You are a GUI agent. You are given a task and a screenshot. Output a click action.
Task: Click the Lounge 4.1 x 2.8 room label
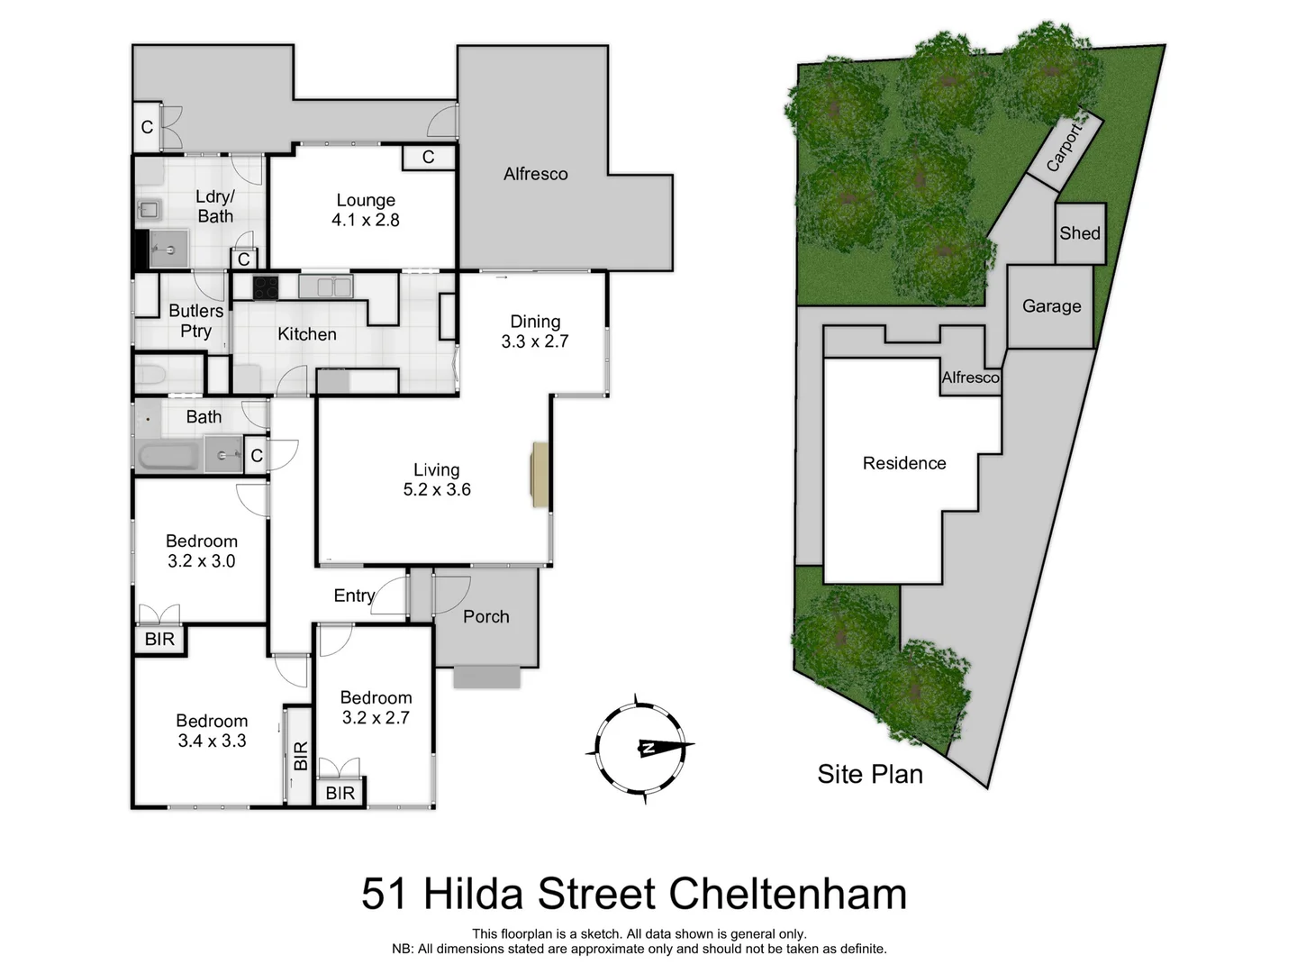coord(366,210)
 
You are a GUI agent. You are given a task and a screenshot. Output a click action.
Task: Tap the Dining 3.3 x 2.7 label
coord(535,332)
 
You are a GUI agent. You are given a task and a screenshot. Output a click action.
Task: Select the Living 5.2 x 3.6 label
coord(437,479)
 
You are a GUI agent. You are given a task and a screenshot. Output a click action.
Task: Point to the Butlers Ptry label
coord(195,321)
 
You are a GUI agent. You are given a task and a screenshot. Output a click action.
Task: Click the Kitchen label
coord(307,334)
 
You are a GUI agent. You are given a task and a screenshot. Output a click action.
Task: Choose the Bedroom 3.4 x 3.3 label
coord(212,731)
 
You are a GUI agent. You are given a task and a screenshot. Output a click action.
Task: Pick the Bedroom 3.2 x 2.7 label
coord(376,707)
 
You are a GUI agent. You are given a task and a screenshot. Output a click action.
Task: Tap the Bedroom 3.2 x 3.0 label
coord(202,550)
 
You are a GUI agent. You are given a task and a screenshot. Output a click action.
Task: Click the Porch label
coord(486,617)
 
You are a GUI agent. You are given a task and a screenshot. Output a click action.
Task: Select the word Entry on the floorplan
coord(354,596)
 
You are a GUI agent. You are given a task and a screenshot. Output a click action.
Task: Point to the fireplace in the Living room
coord(540,475)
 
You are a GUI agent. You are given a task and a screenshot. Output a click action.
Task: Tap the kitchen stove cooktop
coord(266,287)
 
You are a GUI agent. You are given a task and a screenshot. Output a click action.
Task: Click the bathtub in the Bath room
coord(168,455)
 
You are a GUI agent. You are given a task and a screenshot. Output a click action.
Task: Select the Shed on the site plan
coord(1080,233)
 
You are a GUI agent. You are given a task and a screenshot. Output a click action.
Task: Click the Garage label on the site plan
coord(1051,306)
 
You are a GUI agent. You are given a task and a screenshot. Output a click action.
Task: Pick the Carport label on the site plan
coord(1065,148)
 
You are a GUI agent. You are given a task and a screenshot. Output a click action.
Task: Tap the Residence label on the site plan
coord(904,463)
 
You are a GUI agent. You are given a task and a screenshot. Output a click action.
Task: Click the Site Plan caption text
coord(870,774)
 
